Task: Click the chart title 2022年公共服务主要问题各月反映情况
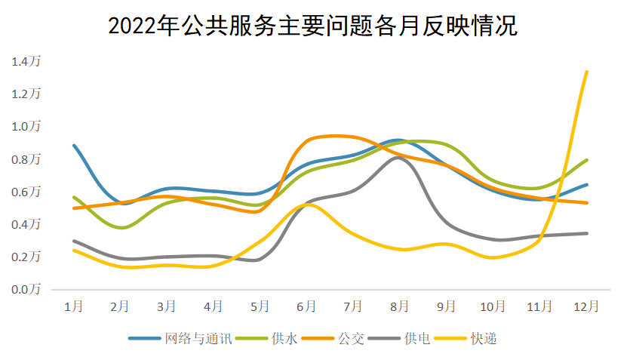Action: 312,25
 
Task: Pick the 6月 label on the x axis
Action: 306,306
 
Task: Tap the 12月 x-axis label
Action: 586,306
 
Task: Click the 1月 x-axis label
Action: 74,306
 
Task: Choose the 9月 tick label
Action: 447,306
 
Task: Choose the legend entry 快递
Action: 484,339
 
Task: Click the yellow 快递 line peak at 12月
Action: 587,72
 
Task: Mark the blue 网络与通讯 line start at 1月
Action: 74,145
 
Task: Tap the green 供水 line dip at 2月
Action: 121,227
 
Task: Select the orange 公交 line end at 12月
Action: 587,202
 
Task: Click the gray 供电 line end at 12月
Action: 587,233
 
